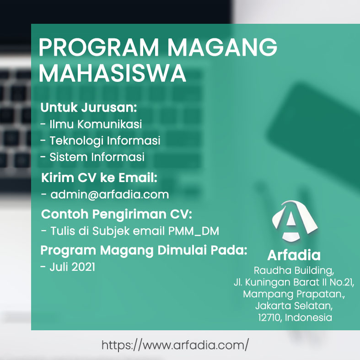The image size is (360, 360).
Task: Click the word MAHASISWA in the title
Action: tap(112, 73)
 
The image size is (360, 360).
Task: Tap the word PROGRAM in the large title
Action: tap(98, 47)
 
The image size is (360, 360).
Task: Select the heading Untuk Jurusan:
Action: tap(89, 107)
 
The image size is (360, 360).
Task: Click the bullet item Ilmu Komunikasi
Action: tap(96, 124)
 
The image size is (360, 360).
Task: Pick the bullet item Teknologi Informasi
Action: tap(105, 140)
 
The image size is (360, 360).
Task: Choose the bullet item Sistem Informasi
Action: tap(97, 157)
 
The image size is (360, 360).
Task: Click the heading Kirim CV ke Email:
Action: tap(99, 177)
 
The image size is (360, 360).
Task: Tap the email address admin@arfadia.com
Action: tap(110, 194)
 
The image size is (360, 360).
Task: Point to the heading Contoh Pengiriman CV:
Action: tap(117, 214)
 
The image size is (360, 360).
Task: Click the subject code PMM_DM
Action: tap(193, 231)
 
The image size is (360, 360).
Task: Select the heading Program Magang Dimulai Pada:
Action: tap(144, 250)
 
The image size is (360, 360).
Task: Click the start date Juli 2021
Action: tap(72, 267)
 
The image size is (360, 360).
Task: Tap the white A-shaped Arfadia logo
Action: tap(295, 221)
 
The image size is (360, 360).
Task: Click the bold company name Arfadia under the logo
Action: tap(294, 255)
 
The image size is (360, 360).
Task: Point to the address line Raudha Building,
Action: tap(294, 271)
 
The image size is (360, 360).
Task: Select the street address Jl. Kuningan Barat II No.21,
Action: tap(294, 282)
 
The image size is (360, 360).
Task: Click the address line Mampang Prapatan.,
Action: tap(294, 294)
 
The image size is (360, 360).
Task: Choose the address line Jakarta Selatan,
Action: tap(294, 306)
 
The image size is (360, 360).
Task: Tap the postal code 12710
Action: tap(270, 318)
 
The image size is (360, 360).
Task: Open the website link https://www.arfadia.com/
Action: tap(175, 345)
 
